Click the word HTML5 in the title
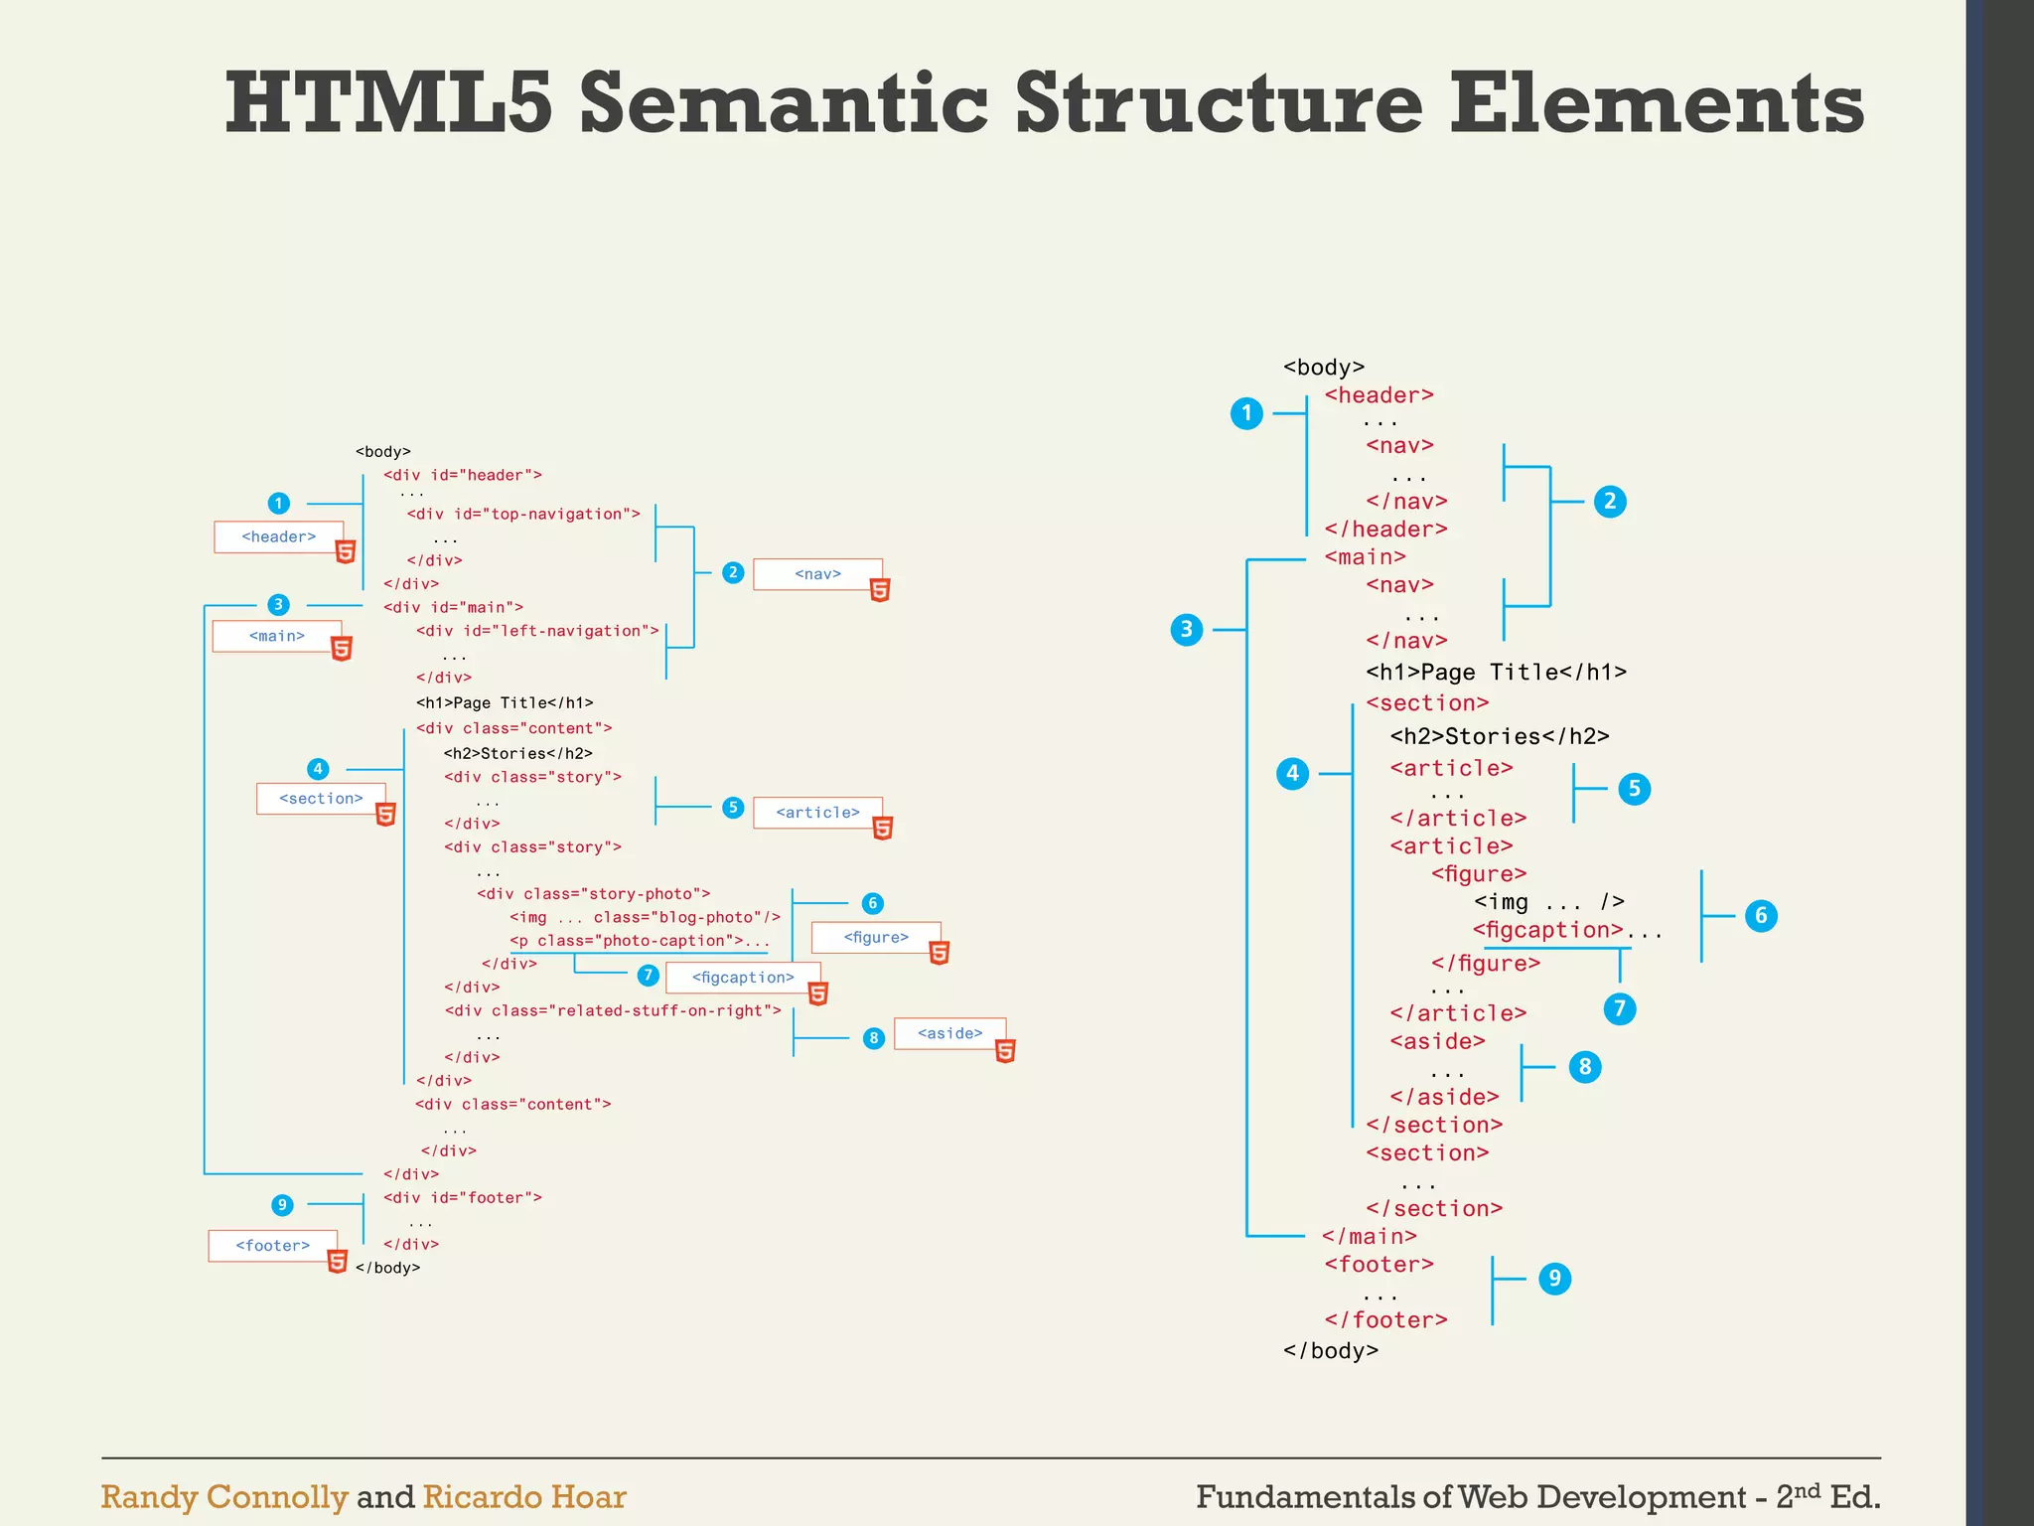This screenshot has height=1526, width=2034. pyautogui.click(x=387, y=103)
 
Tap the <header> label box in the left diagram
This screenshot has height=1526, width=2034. pyautogui.click(x=278, y=536)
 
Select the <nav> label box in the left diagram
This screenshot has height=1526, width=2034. pyautogui.click(x=817, y=573)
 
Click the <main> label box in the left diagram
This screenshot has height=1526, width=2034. pyautogui.click(x=276, y=636)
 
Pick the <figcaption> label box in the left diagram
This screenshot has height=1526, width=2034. pyautogui.click(x=743, y=978)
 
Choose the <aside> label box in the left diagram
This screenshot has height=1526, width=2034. pyautogui.click(x=949, y=1033)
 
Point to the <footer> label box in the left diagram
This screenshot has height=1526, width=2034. pyautogui.click(x=272, y=1245)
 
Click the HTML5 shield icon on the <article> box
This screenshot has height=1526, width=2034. pyautogui.click(x=883, y=828)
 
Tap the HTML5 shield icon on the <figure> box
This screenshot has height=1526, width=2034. pyautogui.click(x=940, y=953)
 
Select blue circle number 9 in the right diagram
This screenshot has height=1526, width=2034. pyautogui.click(x=1554, y=1279)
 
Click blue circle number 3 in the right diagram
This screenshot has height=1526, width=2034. pyautogui.click(x=1186, y=629)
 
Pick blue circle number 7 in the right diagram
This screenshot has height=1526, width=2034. pyautogui.click(x=1619, y=1009)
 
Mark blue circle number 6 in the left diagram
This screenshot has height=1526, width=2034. pyautogui.click(x=872, y=903)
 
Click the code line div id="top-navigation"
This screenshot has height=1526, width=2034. pyautogui.click(x=523, y=514)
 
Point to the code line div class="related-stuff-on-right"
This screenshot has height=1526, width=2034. pyautogui.click(x=613, y=1010)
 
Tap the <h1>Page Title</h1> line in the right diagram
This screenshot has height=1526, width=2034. pyautogui.click(x=1496, y=673)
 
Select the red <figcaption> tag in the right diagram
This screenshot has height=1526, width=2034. pyautogui.click(x=1547, y=930)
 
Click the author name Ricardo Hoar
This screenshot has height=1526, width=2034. pyautogui.click(x=524, y=1497)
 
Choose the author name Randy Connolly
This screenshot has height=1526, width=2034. pyautogui.click(x=224, y=1497)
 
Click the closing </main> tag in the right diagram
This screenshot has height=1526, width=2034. pyautogui.click(x=1370, y=1236)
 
